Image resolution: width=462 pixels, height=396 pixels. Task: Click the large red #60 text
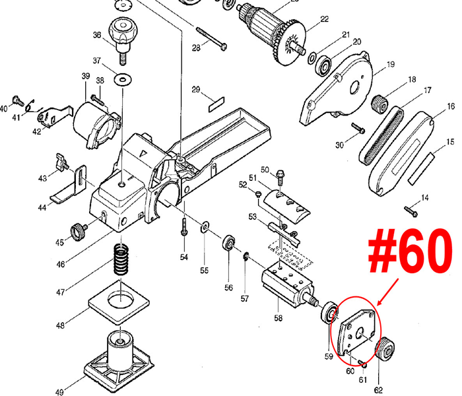[410, 250]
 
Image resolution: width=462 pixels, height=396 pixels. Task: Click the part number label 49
[60, 392]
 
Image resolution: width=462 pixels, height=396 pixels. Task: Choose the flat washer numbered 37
[123, 79]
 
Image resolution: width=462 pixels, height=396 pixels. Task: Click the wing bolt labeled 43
[62, 162]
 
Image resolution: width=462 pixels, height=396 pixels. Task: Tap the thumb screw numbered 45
[79, 230]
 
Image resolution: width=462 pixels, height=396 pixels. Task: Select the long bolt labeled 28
[211, 38]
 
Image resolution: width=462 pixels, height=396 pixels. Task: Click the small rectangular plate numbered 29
[216, 104]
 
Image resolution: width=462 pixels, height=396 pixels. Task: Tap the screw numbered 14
[411, 211]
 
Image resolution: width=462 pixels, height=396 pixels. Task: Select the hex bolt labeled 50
[280, 177]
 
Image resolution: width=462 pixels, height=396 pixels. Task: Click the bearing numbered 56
[229, 243]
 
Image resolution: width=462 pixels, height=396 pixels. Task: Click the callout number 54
[184, 257]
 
